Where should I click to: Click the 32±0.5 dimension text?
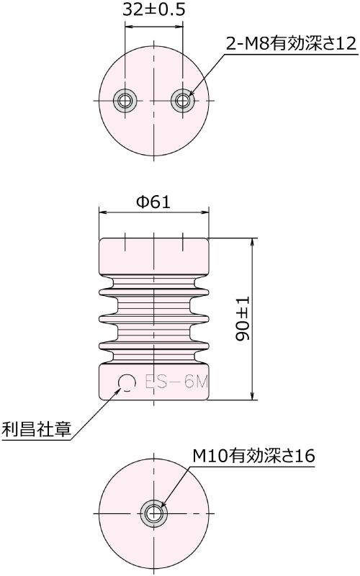(153, 9)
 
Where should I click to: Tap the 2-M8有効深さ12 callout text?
(291, 45)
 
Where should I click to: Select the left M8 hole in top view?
(127, 100)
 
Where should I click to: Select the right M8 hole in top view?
(182, 100)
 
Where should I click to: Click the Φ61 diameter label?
(153, 202)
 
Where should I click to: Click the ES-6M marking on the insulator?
(176, 382)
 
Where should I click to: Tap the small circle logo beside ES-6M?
(127, 382)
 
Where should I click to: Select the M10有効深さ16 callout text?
(253, 456)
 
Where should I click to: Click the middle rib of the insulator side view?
(153, 318)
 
